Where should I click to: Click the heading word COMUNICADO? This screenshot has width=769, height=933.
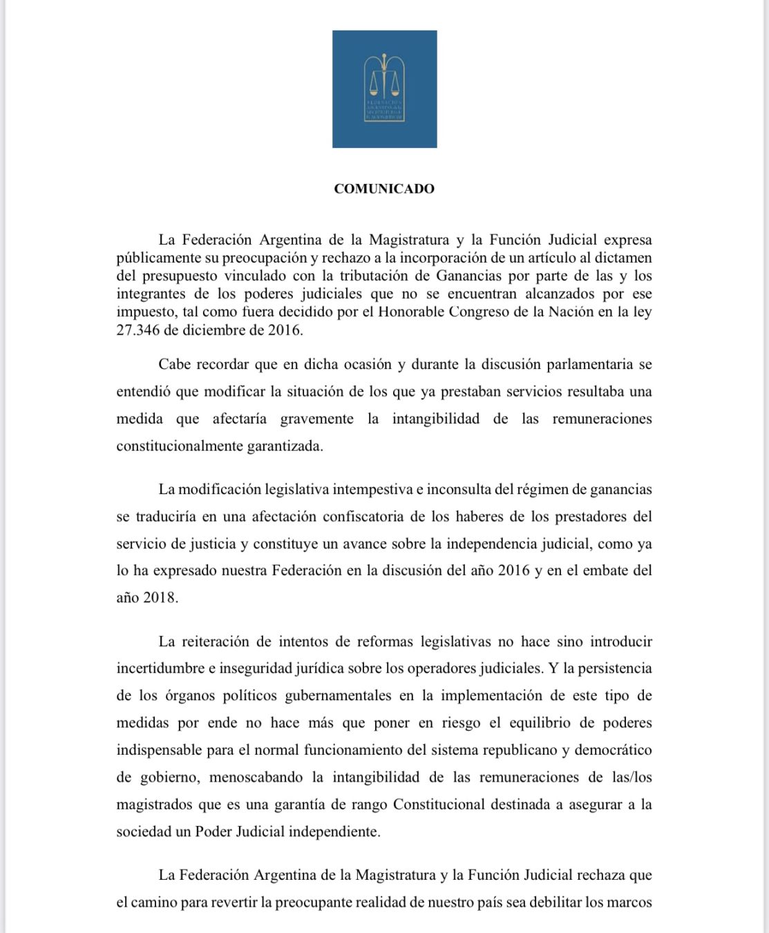click(x=383, y=189)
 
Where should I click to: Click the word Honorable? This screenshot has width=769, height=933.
click(x=412, y=312)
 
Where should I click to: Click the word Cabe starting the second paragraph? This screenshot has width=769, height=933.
click(x=174, y=364)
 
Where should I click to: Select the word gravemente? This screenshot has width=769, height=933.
click(x=316, y=419)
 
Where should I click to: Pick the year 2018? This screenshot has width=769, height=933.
click(x=160, y=598)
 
